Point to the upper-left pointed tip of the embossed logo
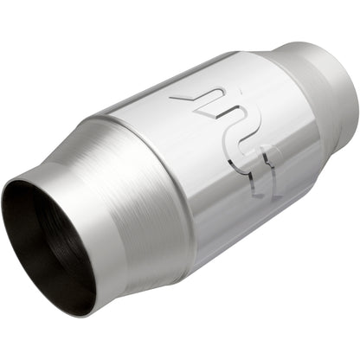tap(171, 98)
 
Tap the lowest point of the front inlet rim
tap(82, 313)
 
